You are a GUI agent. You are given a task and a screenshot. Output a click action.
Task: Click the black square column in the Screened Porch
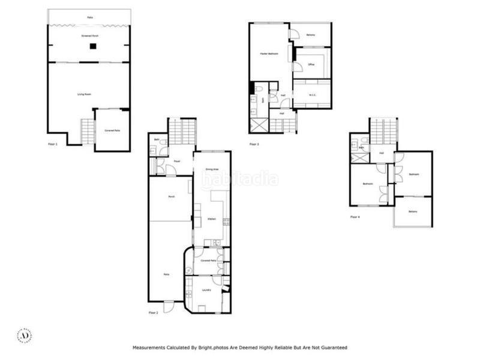tap(93, 46)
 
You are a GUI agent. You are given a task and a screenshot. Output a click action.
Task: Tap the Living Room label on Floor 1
tap(84, 94)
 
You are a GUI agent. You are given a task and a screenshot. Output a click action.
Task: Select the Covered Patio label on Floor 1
tap(112, 130)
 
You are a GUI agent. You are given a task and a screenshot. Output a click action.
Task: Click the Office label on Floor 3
tap(311, 64)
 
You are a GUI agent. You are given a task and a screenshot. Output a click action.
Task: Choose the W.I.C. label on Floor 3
tap(313, 94)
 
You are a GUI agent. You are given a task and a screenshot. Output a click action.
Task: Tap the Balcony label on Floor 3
tap(311, 34)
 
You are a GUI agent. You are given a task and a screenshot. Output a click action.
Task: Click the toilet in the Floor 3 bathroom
tap(257, 91)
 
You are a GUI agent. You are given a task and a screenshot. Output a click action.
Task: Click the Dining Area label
tap(212, 169)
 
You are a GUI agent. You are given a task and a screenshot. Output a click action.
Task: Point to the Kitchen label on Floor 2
tap(212, 219)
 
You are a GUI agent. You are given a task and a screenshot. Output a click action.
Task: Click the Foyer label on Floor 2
tap(178, 161)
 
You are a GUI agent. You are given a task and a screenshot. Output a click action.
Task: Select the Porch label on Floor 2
tap(171, 197)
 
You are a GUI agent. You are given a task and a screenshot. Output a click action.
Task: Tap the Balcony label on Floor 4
tap(413, 211)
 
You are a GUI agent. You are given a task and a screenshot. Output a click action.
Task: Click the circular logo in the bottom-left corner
tap(25, 335)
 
